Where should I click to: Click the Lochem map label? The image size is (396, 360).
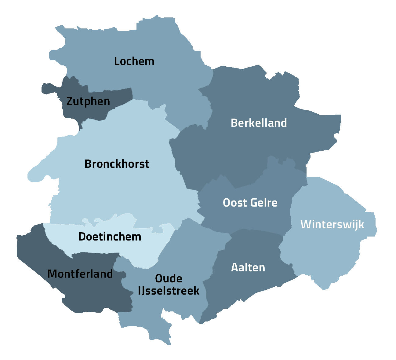[x=134, y=61]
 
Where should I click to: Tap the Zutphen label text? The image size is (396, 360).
[x=88, y=101]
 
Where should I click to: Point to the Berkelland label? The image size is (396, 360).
[x=259, y=123]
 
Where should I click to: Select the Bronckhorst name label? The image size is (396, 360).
[x=117, y=164]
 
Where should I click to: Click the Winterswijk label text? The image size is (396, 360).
[x=332, y=224]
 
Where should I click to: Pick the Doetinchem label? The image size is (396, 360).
[x=110, y=237]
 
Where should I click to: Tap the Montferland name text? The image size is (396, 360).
[x=80, y=274]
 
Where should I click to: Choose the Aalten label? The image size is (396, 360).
[x=248, y=268]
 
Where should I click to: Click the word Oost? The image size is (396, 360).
[x=234, y=203]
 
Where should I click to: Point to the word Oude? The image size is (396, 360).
[x=169, y=279]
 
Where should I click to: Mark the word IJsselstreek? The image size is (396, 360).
[x=169, y=291]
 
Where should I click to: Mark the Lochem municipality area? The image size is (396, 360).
[x=165, y=76]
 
